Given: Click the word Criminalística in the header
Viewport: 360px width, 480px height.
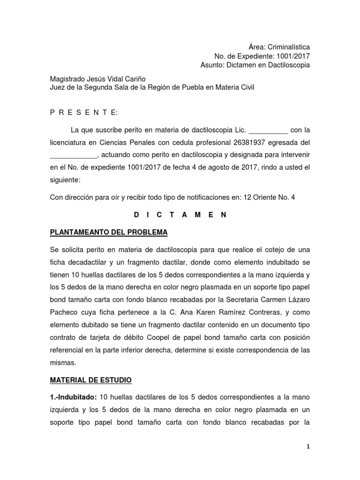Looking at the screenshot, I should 288,47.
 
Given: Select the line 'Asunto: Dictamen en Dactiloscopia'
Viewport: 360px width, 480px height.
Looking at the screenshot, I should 255,65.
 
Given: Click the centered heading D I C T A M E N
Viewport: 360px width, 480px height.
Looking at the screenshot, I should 180,215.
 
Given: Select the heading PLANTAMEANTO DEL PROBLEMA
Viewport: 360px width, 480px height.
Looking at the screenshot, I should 109,232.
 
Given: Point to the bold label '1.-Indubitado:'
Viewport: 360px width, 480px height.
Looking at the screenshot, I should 74,397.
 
